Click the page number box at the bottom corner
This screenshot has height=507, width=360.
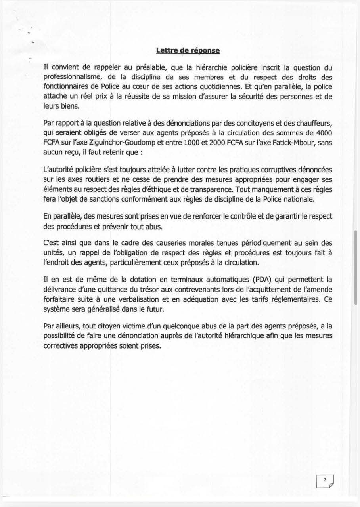click(325, 481)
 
